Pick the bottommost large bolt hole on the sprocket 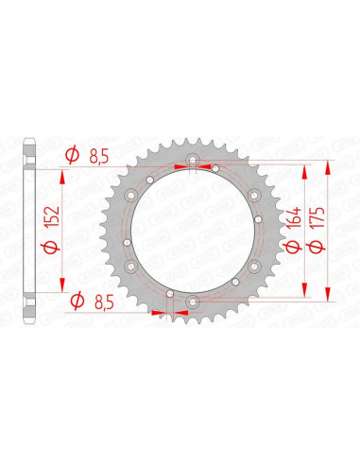tap(194, 301)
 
